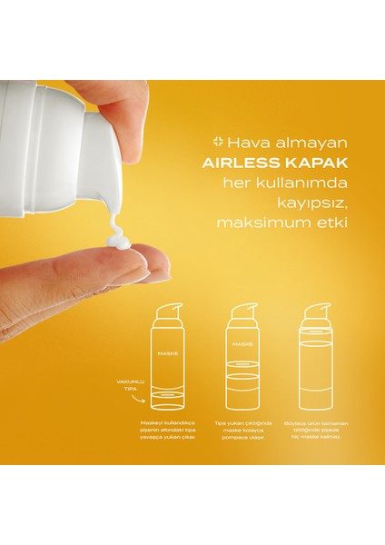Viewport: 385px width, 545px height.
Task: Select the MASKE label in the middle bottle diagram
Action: point(242,346)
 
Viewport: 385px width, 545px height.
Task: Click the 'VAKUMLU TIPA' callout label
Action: point(120,388)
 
